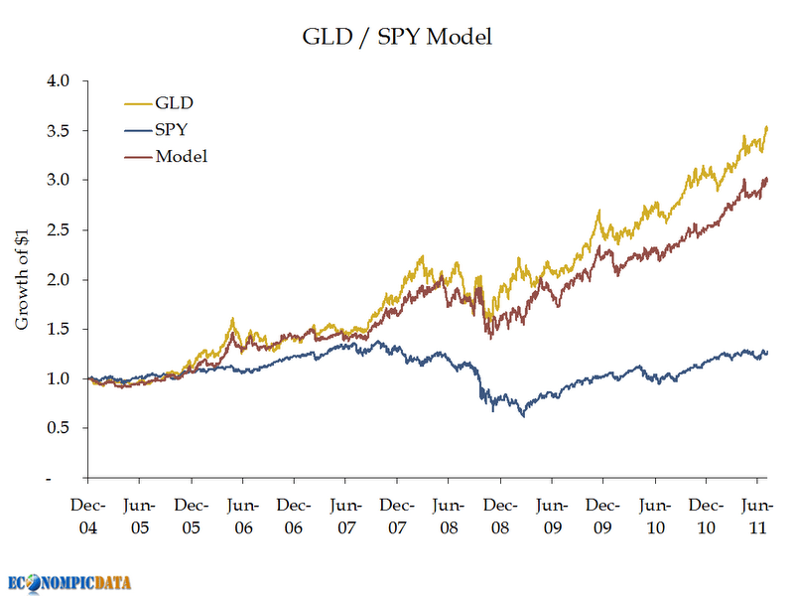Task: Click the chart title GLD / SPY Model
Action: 397,38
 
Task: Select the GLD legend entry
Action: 167,102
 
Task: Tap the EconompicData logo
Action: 68,583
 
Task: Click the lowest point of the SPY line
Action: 523,416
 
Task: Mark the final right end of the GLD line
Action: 767,127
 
